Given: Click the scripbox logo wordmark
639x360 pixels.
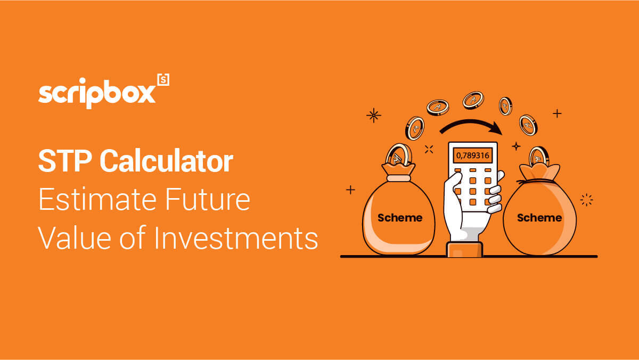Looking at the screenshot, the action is point(97,94).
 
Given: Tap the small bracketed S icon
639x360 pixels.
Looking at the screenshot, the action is point(163,79).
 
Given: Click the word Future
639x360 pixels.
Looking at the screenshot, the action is point(208,199).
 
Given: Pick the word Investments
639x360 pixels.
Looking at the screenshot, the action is point(236,238).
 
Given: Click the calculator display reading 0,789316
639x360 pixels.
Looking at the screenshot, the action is point(473,156).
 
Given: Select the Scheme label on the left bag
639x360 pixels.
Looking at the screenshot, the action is point(400,218).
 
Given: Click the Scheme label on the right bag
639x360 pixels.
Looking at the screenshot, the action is point(539,218).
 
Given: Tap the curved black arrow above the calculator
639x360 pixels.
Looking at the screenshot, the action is point(471,122).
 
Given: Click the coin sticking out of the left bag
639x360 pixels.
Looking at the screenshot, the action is point(398,154).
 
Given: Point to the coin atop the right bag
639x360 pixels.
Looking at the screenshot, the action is point(538,157).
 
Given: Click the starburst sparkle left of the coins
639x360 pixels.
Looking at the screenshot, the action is point(374,115).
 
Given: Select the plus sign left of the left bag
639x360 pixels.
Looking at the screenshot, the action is point(350,190).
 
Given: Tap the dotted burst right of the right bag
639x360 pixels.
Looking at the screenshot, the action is point(586,200).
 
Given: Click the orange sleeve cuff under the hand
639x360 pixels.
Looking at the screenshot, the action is point(464,249).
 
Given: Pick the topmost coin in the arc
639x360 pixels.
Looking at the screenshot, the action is point(473,100).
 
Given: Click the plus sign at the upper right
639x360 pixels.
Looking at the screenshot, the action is point(557,113).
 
